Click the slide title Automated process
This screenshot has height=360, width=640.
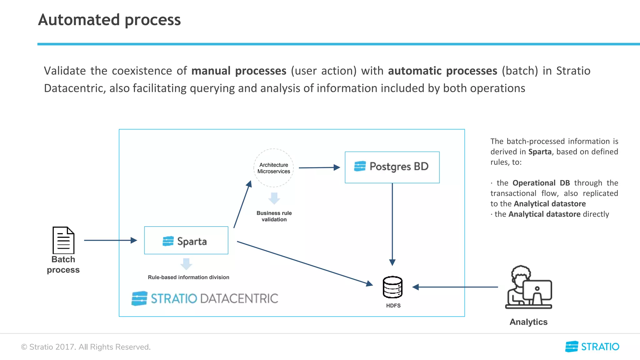pos(109,20)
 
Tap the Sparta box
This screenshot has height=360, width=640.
pos(186,240)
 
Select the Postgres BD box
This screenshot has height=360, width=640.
pos(392,167)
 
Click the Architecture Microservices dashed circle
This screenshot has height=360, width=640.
pos(274,168)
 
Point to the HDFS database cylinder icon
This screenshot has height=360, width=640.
pos(392,287)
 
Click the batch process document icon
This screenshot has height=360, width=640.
pos(63,240)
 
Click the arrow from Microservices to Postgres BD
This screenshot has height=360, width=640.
pos(319,167)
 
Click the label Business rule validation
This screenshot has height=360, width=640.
pos(274,216)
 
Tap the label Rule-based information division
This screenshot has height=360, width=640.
pos(188,277)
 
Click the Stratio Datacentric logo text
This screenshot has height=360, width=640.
pos(214,298)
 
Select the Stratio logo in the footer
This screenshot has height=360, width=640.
pos(592,347)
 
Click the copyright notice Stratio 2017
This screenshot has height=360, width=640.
pos(86,347)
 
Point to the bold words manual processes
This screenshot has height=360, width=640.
pos(239,71)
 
